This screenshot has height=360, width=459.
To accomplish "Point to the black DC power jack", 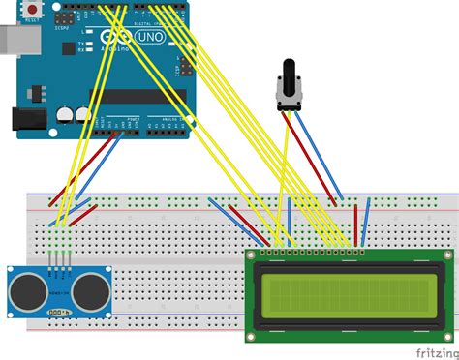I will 27,119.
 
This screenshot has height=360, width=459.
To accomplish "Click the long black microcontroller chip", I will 137,97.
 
